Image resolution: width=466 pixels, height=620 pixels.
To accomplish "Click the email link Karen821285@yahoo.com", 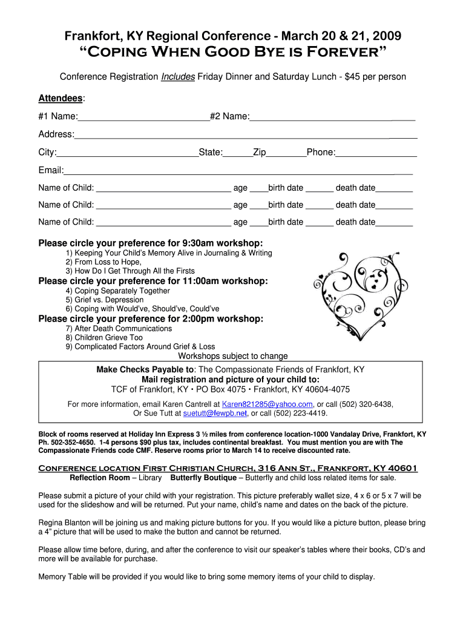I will click(267, 404).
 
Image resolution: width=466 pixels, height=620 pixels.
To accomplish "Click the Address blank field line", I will click(245, 135).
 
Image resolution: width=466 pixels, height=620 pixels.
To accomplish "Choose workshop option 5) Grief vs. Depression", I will click(105, 300).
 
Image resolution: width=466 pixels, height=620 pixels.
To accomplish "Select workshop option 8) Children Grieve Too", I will click(104, 337).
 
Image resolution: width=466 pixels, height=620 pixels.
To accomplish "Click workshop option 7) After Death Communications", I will click(119, 328).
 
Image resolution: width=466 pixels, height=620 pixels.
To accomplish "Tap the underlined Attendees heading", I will click(61, 98).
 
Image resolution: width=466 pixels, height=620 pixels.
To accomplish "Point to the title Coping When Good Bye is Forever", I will click(232, 53).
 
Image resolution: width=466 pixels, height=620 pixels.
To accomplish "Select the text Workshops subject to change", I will click(232, 356).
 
